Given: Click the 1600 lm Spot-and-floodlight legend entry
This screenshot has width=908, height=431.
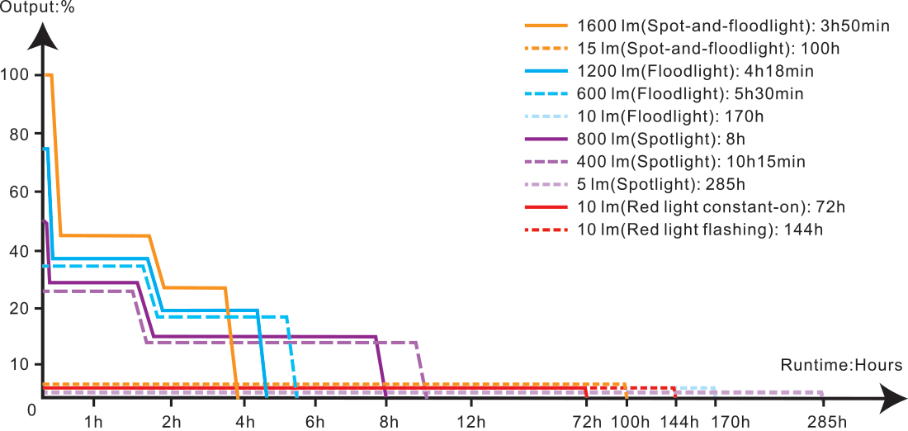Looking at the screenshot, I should click(734, 26).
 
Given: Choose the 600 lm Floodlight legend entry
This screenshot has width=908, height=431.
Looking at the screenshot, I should click(691, 94).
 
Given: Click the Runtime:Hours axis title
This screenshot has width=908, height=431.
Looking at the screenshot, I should click(842, 365).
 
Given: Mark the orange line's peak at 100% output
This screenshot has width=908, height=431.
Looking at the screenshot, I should click(49, 75).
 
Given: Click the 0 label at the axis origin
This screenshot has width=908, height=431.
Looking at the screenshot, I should click(31, 410).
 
